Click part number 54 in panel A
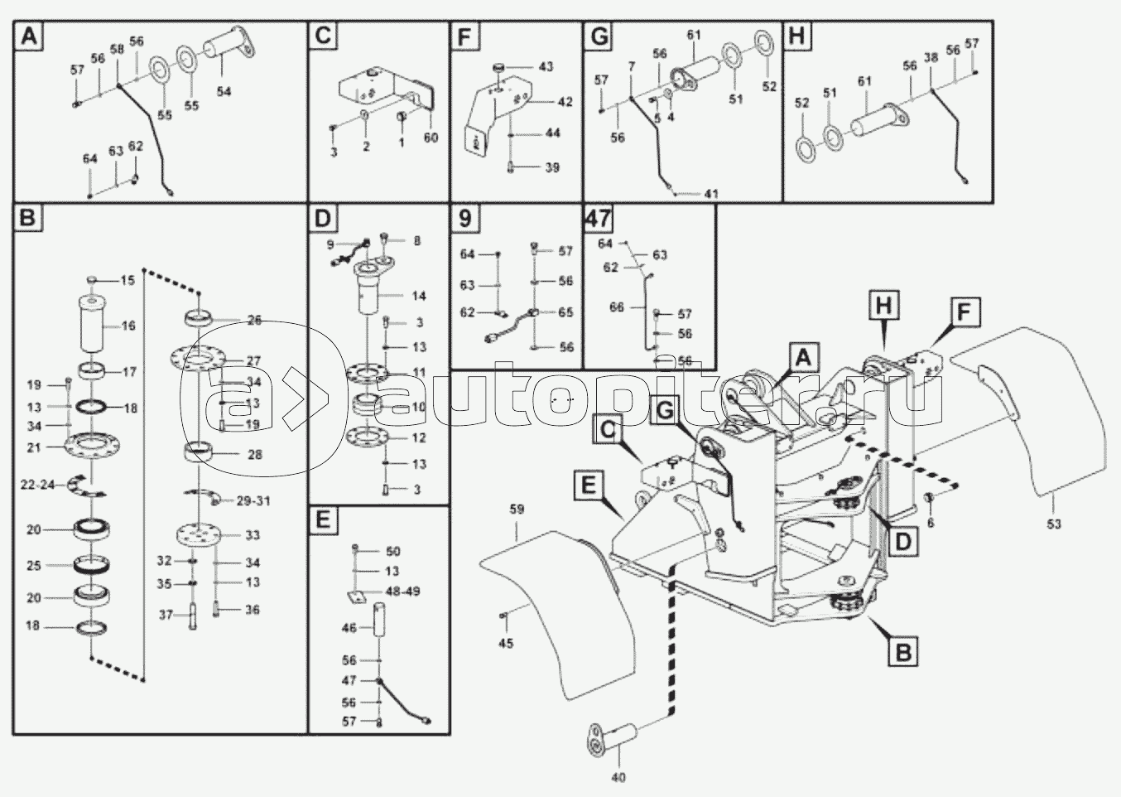(x=224, y=91)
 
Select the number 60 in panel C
(x=431, y=138)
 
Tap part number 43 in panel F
(x=546, y=66)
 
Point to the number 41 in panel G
(x=711, y=194)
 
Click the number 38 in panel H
(x=931, y=58)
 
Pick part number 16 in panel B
(x=128, y=326)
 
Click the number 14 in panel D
(x=419, y=296)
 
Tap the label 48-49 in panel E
(x=402, y=592)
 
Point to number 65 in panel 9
(x=565, y=312)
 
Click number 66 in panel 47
(x=617, y=307)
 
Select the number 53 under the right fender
(x=1053, y=524)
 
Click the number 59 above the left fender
(x=516, y=510)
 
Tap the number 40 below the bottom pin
(x=618, y=777)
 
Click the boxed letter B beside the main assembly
(x=902, y=652)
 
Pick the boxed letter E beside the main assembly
(x=587, y=484)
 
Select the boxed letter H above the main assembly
(x=883, y=306)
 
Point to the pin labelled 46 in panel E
(x=383, y=627)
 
